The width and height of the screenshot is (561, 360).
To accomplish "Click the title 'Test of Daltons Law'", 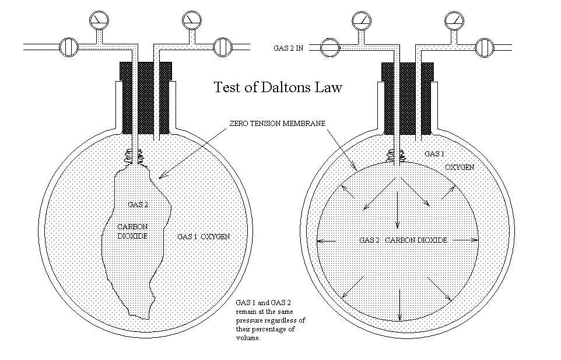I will point(278,88).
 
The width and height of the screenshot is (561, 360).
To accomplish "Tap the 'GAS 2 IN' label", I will point(289,48).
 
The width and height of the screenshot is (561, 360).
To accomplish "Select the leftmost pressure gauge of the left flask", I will point(99,20).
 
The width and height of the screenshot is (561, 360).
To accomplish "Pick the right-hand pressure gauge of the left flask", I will point(191,20).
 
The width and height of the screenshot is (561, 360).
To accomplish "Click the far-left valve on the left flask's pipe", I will point(69,46).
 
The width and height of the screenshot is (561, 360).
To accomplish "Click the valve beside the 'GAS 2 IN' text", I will point(330,47).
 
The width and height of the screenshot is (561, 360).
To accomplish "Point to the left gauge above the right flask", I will point(361,21).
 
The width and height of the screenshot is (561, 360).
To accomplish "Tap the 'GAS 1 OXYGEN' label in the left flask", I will point(204,236).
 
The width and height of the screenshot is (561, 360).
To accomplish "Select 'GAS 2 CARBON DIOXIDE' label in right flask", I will point(403,240).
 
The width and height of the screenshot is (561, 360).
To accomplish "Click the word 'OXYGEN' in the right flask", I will point(460,167).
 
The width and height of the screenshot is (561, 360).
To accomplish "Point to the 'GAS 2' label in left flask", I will point(138,204).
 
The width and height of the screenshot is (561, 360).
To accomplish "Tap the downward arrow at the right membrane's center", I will point(398,210).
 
